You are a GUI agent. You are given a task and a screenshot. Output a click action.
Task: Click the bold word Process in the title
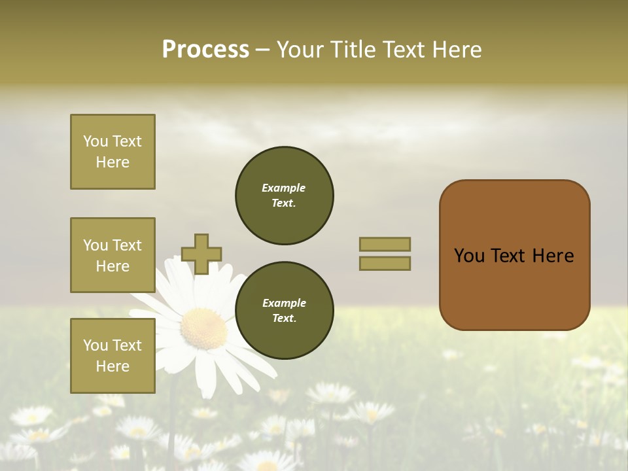[205, 50]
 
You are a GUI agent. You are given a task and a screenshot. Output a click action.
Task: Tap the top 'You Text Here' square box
[113, 152]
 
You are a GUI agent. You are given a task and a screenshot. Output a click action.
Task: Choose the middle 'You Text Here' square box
[113, 255]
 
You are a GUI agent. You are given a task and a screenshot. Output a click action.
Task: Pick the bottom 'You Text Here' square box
[113, 356]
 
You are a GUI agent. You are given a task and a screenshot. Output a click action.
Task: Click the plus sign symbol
[201, 254]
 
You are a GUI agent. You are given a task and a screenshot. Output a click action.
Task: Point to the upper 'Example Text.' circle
[284, 196]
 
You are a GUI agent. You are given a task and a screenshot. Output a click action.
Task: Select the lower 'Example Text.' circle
[284, 311]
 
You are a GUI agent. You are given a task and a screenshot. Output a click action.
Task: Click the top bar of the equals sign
[385, 244]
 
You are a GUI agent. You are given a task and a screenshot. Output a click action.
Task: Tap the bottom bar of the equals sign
[385, 263]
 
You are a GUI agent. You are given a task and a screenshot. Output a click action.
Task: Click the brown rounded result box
[514, 255]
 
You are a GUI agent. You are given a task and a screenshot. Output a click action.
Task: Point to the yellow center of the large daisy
[204, 329]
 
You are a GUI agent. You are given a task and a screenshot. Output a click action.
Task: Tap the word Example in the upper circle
[284, 188]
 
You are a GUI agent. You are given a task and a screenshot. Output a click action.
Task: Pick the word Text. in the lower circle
[284, 319]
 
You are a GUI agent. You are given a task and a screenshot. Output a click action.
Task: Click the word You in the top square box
[96, 141]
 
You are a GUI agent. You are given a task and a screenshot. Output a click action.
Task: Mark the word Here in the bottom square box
[113, 366]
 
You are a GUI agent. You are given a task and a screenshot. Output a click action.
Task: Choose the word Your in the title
[301, 50]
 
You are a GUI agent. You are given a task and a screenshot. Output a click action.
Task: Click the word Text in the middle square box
[127, 245]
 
